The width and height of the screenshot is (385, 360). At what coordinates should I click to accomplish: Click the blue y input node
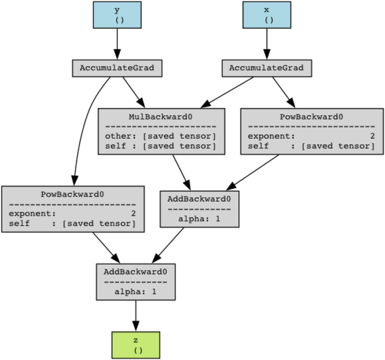(x=117, y=15)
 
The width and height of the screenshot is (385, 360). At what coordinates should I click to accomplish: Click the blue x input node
(x=267, y=15)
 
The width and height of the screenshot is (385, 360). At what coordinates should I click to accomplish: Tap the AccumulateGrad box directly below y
(x=117, y=69)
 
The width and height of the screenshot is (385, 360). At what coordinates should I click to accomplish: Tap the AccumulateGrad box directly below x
(x=267, y=69)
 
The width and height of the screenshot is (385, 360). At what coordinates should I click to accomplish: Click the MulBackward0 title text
(x=161, y=117)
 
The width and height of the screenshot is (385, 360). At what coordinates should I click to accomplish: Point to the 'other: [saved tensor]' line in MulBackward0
(x=161, y=136)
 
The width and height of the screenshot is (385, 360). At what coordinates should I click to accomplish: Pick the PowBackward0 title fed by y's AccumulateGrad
(x=73, y=194)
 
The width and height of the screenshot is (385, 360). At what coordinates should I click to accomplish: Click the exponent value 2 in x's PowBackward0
(x=372, y=136)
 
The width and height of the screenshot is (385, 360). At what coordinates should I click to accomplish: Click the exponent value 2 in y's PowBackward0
(x=133, y=213)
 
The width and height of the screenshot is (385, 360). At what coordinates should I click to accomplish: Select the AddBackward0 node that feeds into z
(x=135, y=281)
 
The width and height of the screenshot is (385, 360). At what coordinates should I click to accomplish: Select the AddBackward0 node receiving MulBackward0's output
(x=199, y=208)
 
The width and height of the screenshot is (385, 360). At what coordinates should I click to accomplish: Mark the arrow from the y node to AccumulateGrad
(x=117, y=44)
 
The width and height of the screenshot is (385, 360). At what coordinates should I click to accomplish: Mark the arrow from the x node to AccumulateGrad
(x=267, y=44)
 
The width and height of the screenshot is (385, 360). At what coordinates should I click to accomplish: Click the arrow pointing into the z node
(x=135, y=316)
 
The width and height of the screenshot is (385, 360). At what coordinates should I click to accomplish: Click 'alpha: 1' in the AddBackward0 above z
(x=135, y=291)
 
